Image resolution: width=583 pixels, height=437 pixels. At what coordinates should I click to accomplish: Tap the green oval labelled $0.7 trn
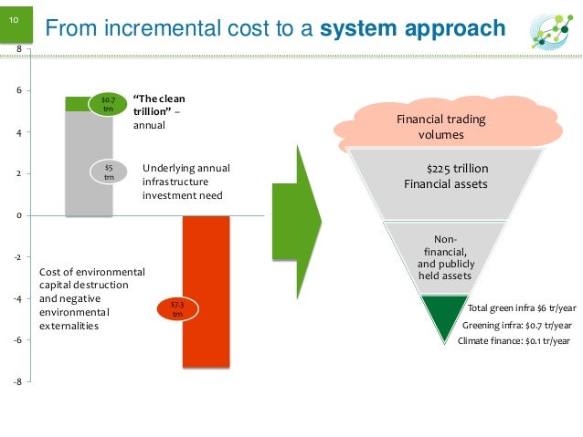107,103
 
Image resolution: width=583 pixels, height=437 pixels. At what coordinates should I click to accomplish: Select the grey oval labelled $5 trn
109,172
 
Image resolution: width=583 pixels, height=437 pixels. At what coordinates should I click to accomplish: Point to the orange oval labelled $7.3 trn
178,309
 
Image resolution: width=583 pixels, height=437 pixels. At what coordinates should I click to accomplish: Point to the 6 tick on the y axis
18,91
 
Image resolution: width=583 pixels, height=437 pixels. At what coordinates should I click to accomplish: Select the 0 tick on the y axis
18,215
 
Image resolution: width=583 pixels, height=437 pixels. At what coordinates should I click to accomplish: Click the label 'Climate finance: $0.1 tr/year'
513,340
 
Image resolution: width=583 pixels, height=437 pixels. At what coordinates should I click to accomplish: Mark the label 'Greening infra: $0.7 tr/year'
517,325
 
